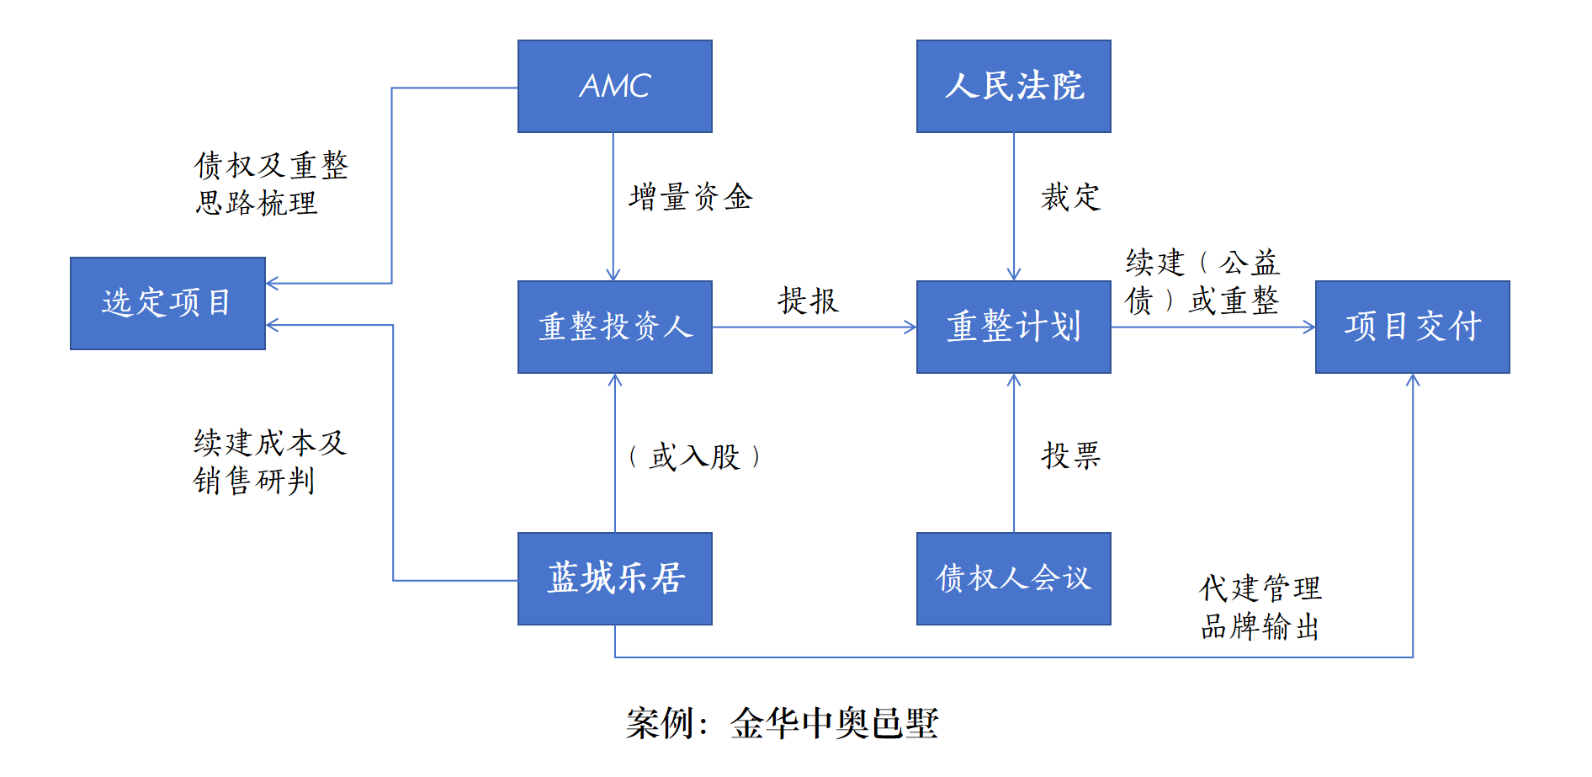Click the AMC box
point(614,86)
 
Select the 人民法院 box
point(1013,86)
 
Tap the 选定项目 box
point(167,303)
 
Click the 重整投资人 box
point(614,327)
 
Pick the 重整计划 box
point(1013,327)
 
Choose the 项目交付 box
point(1412,327)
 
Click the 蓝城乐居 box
point(614,578)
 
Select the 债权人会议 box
point(1013,578)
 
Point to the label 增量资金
point(690,197)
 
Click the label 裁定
point(1070,197)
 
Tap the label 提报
point(808,301)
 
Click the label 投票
point(1070,455)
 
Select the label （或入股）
point(694,457)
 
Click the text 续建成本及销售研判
point(269,461)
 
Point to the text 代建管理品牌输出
point(1260,607)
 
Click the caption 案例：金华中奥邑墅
point(782,723)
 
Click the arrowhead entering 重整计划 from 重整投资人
point(910,327)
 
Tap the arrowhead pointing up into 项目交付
point(1413,380)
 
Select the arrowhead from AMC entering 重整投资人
point(613,274)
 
